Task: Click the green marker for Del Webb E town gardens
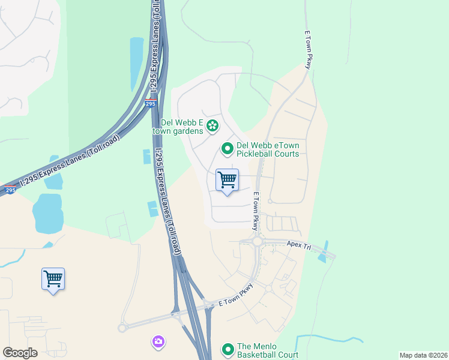212,126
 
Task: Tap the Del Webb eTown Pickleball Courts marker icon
228,148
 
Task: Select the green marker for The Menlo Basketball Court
228,349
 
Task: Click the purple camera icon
158,341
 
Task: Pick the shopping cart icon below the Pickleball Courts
227,180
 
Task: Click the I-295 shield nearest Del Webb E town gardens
150,103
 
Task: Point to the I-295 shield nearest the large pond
10,190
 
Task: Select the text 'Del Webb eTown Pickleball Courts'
268,149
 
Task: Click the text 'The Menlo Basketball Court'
268,350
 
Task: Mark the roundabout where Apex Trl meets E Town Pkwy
257,241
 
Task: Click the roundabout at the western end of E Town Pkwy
123,328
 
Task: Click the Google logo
20,353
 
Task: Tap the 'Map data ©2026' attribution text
423,355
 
